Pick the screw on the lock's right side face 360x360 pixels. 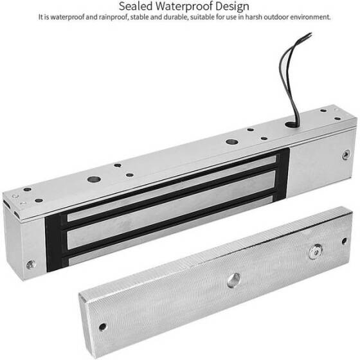[x=346, y=154]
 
